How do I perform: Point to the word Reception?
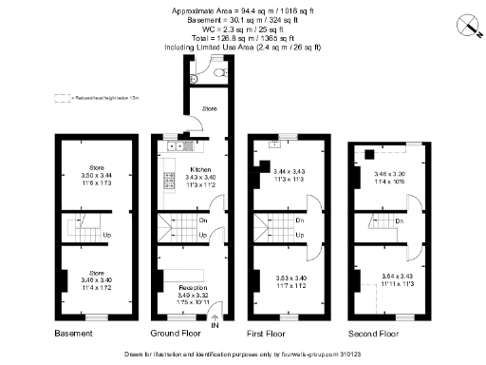(x=193, y=285)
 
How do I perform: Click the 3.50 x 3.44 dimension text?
(x=95, y=177)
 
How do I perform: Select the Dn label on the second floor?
(x=399, y=221)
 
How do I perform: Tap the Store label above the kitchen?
(x=209, y=109)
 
